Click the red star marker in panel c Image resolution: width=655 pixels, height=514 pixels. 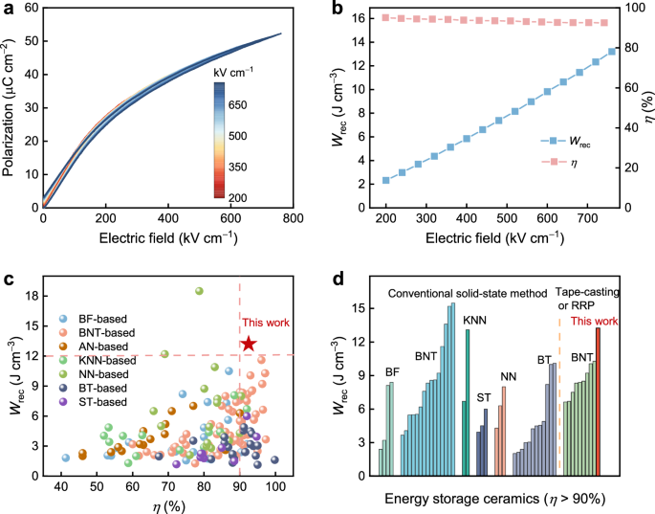point(249,344)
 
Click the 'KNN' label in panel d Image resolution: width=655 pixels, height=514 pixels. point(474,319)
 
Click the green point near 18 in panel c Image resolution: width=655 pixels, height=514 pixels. point(200,291)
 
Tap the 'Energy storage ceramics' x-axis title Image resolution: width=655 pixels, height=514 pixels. point(492,499)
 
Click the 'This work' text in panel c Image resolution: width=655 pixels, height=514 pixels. point(265,323)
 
